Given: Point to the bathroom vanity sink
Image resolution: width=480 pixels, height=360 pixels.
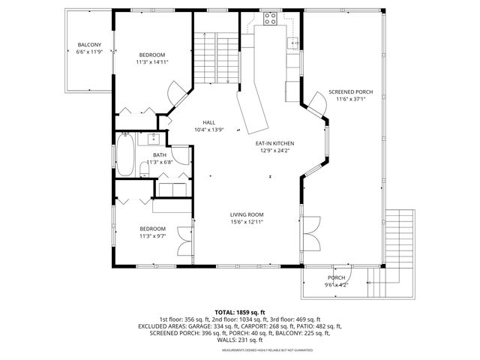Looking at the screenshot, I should [x=153, y=138].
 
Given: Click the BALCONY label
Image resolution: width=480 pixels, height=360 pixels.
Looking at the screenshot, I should [x=89, y=46].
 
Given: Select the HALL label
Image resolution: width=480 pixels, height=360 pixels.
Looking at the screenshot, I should [x=208, y=122].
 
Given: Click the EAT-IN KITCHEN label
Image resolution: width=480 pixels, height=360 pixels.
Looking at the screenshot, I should [x=274, y=143].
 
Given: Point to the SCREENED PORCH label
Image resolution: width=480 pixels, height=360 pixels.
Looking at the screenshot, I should [x=349, y=91].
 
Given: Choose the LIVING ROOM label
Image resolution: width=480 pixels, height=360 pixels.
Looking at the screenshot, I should [x=246, y=214].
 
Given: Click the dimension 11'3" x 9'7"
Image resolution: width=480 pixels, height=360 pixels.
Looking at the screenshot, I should [x=152, y=236].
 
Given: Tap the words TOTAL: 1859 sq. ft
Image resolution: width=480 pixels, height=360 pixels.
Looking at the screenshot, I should [x=239, y=312].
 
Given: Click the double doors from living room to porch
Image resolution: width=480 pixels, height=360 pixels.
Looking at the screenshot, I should [x=310, y=232].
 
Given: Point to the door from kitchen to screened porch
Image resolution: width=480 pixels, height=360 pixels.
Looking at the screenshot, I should [x=315, y=109].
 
